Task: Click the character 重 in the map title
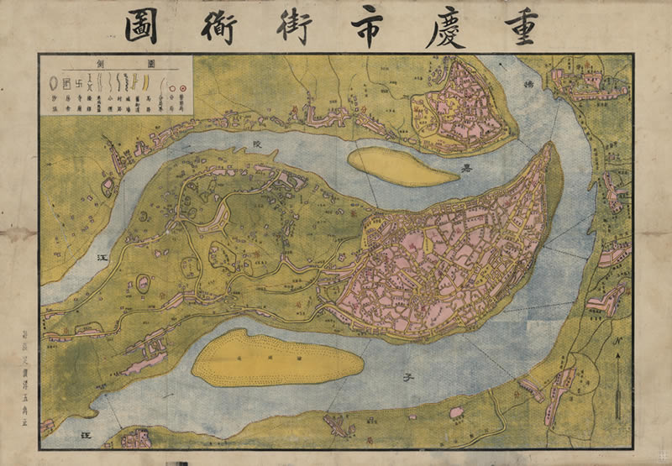coord(526,27)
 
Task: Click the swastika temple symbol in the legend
coord(78,83)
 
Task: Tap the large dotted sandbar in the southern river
coord(277,357)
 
